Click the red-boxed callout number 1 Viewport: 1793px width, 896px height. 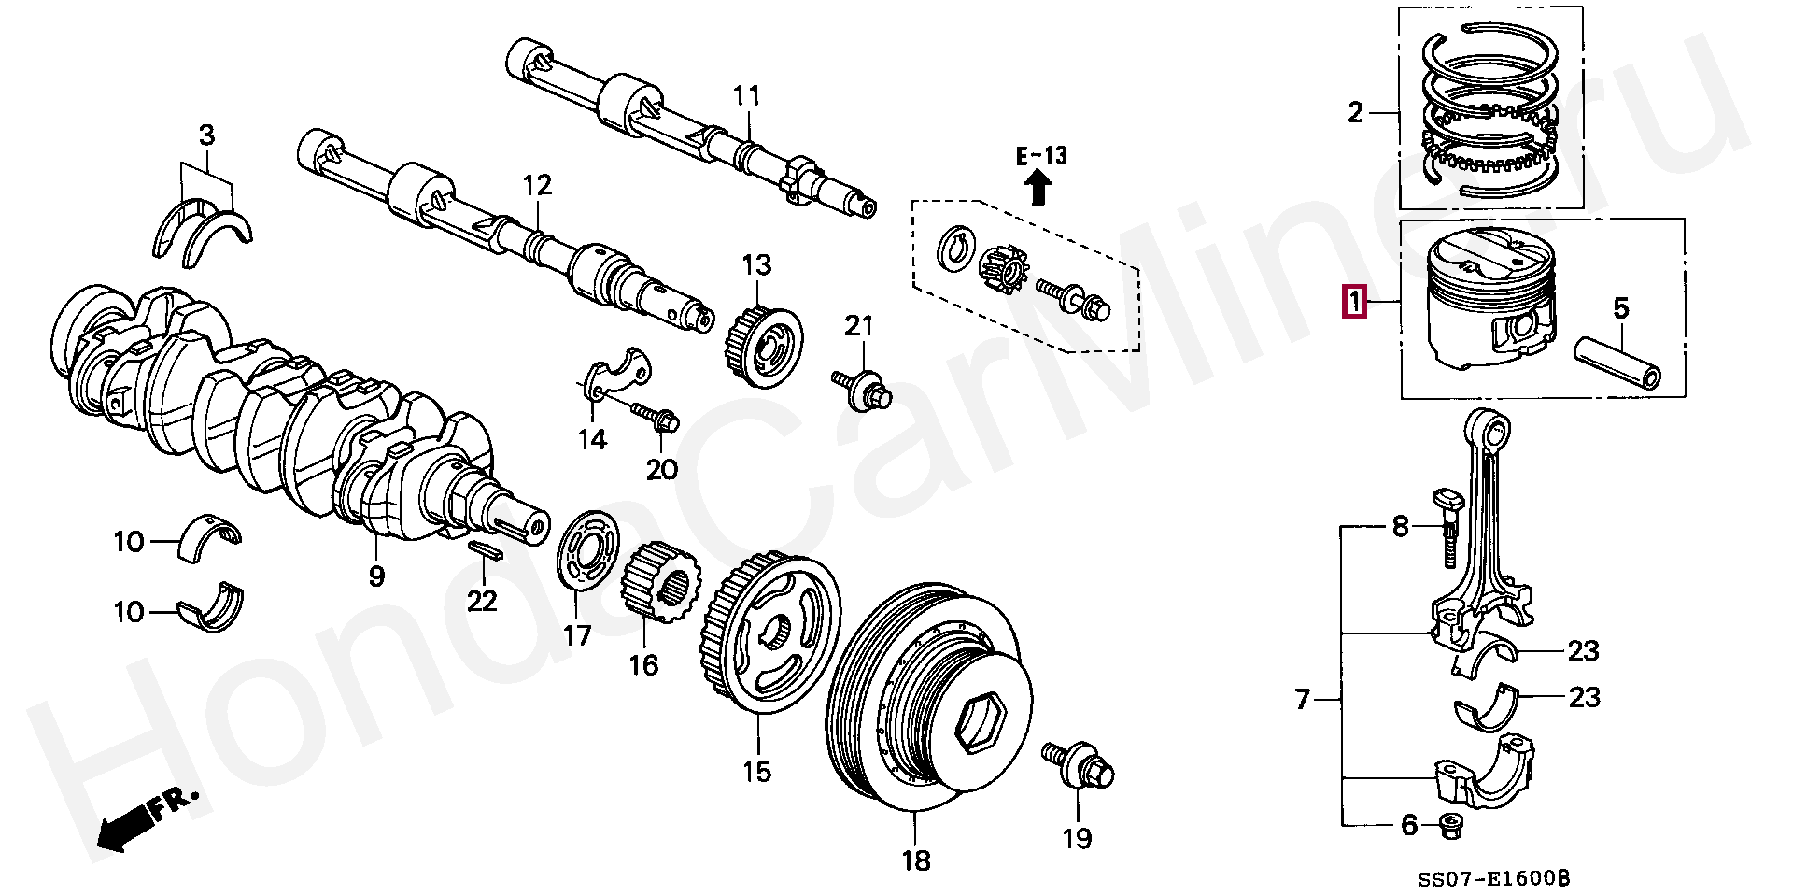[1353, 304]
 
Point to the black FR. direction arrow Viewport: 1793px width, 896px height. [127, 823]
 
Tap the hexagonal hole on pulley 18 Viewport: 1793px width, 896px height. [980, 722]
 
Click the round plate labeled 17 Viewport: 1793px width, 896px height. [588, 551]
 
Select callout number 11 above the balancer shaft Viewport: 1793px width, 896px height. [746, 96]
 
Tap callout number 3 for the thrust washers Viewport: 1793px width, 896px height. [206, 136]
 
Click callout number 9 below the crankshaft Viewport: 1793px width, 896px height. [376, 576]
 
